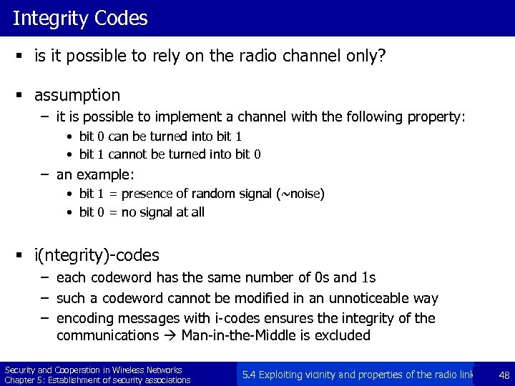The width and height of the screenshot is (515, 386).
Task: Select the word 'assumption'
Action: [77, 94]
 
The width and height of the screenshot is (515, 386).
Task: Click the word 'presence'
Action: [152, 193]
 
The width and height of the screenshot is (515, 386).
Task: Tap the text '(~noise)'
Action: [300, 193]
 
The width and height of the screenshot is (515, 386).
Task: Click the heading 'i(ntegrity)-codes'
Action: [97, 255]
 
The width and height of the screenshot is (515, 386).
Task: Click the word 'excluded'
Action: [343, 335]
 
